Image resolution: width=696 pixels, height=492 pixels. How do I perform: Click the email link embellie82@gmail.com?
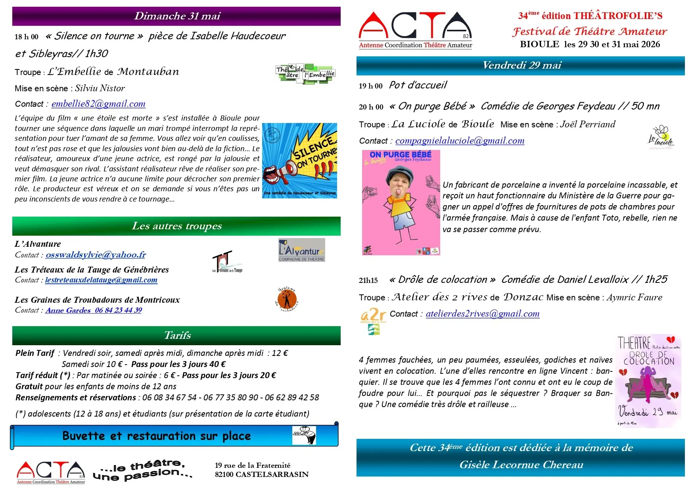pos(98,104)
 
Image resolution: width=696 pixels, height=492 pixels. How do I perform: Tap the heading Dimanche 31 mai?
pos(177,16)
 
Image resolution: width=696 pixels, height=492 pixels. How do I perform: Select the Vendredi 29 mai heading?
pos(522,65)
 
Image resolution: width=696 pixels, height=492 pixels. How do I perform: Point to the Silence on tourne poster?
pos(299,161)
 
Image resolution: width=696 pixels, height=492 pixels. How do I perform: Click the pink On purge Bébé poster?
pos(401,202)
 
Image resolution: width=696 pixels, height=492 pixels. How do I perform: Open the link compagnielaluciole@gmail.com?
pos(460,141)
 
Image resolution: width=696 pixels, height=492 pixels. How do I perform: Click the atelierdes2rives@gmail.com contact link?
pos(482,314)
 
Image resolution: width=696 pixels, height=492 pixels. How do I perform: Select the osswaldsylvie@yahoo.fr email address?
pos(96,255)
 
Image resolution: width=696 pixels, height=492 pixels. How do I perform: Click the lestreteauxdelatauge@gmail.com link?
pos(101,280)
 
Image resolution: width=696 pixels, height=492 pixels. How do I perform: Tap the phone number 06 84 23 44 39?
pos(118,310)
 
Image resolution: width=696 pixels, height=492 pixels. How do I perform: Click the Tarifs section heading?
pos(177,336)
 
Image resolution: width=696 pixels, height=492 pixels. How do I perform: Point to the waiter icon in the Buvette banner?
pos(304,435)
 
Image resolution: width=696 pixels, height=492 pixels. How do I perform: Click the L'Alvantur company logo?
pos(301,250)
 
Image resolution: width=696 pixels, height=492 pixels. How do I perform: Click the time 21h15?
pos(368,281)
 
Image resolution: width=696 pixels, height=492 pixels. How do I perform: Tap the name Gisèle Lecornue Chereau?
pos(521,465)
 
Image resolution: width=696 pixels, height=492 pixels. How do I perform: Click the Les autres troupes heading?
pos(177,226)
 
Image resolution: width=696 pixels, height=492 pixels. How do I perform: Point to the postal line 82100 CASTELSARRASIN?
pos(262,475)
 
